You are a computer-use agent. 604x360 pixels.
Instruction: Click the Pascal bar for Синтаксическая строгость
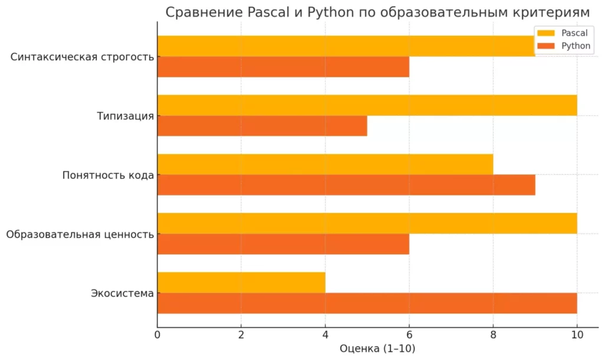pyautogui.click(x=346, y=46)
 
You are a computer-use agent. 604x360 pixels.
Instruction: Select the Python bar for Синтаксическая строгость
pyautogui.click(x=283, y=67)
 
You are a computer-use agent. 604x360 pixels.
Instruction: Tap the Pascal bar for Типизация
pyautogui.click(x=367, y=105)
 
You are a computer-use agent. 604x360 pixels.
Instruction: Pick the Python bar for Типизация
pyautogui.click(x=262, y=126)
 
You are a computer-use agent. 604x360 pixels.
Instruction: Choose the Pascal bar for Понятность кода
pyautogui.click(x=325, y=164)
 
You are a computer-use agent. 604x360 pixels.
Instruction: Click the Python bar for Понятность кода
pyautogui.click(x=346, y=185)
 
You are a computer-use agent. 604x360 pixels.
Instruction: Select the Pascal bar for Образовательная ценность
pyautogui.click(x=367, y=223)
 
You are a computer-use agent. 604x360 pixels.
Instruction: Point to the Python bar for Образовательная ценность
pyautogui.click(x=283, y=244)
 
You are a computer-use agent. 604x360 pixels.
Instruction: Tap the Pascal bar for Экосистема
pyautogui.click(x=241, y=283)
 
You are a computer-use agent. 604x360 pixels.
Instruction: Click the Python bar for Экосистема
pyautogui.click(x=367, y=303)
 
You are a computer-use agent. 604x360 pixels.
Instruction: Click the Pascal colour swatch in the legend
pyautogui.click(x=546, y=33)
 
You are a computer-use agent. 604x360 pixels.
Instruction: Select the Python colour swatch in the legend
pyautogui.click(x=546, y=46)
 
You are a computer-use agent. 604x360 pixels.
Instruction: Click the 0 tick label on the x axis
pyautogui.click(x=157, y=335)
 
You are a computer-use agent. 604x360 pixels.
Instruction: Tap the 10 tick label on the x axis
pyautogui.click(x=577, y=335)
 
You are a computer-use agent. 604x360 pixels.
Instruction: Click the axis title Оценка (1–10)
pyautogui.click(x=377, y=349)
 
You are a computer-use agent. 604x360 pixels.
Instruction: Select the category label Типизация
pyautogui.click(x=125, y=116)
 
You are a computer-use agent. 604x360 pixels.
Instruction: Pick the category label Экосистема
pyautogui.click(x=122, y=293)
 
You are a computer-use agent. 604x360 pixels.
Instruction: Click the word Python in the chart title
pyautogui.click(x=330, y=13)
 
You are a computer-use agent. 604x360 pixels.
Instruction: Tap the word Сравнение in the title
pyautogui.click(x=205, y=13)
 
